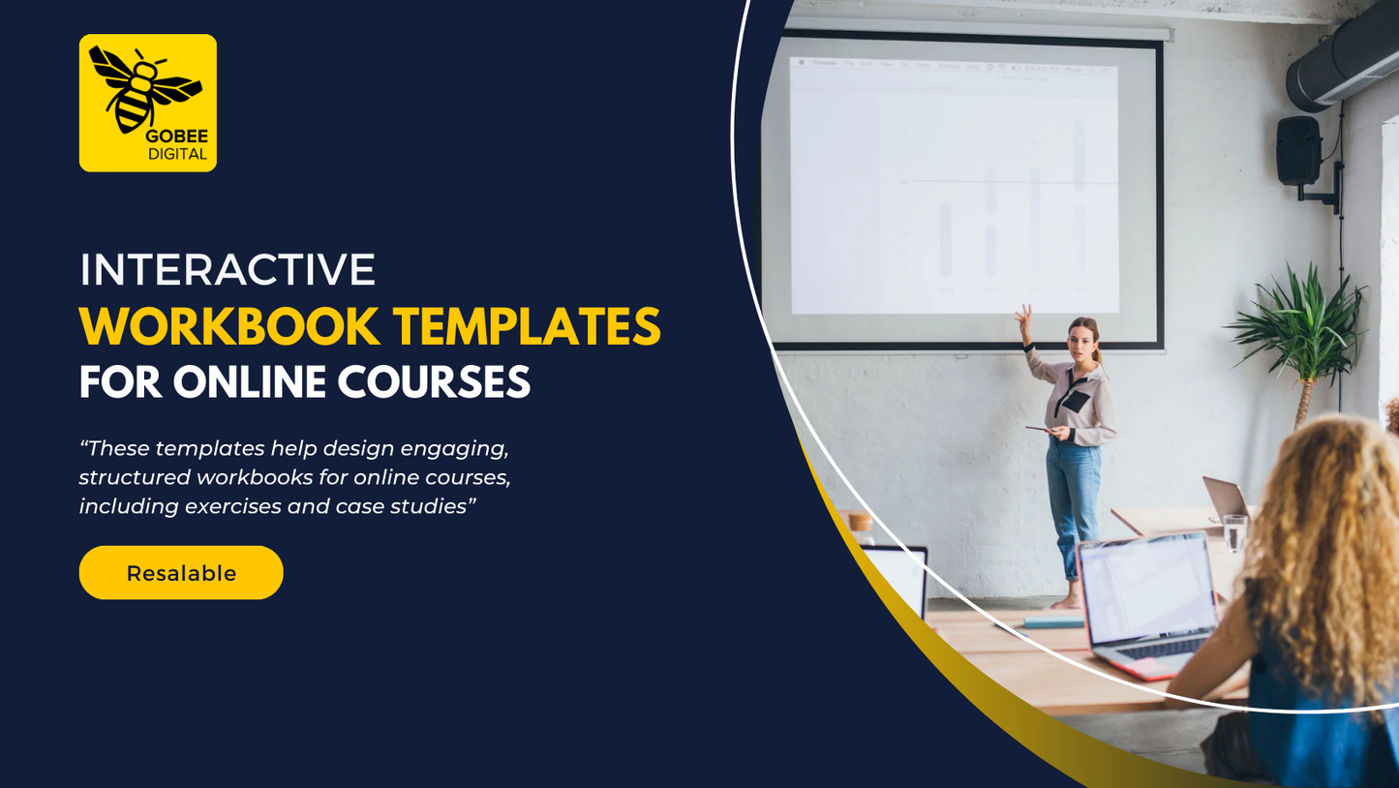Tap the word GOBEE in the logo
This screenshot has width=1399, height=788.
pos(177,136)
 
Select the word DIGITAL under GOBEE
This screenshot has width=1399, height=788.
pos(177,154)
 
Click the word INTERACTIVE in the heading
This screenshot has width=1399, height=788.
pos(228,270)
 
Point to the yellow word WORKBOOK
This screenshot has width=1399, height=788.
pos(229,326)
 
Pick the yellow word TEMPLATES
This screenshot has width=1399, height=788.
pos(527,326)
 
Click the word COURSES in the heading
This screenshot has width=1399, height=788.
pos(434,381)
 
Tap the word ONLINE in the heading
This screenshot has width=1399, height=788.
pos(249,381)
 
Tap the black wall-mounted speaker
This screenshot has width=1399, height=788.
pos(1299,150)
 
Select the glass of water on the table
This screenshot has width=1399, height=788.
pos(1234,532)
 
